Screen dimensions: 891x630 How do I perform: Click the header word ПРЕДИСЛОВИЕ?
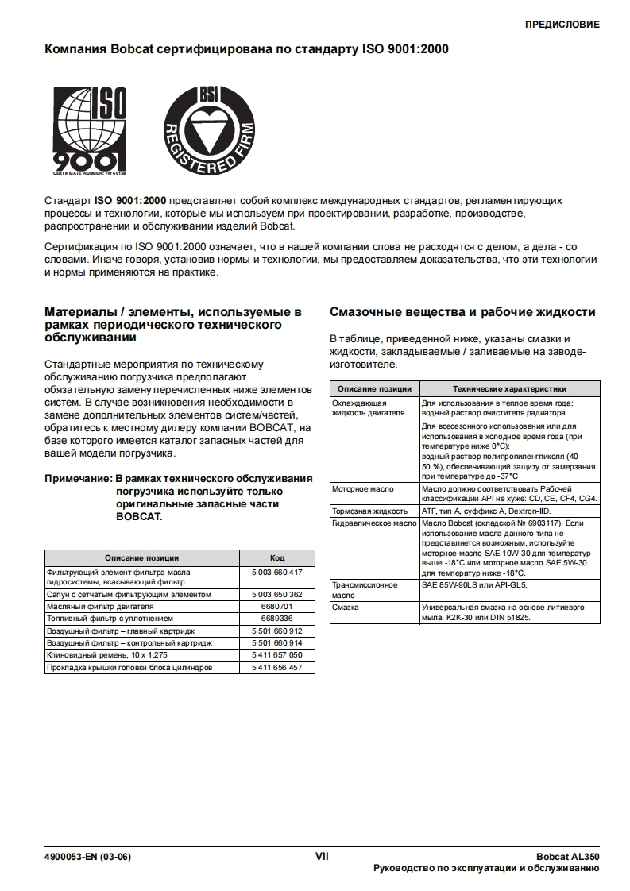pyautogui.click(x=562, y=25)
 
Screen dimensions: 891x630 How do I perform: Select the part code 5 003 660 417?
pyautogui.click(x=276, y=572)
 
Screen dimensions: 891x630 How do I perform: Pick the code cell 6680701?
pyautogui.click(x=276, y=606)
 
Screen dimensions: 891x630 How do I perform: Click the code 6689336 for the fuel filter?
pyautogui.click(x=276, y=618)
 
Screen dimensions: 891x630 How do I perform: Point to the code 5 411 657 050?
pyautogui.click(x=276, y=655)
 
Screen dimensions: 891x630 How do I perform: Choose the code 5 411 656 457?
pyautogui.click(x=276, y=668)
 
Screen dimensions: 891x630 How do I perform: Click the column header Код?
pyautogui.click(x=276, y=557)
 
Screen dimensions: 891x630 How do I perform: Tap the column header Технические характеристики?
pyautogui.click(x=509, y=389)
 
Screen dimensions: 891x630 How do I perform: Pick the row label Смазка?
pyautogui.click(x=345, y=607)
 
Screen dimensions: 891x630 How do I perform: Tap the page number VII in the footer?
pyautogui.click(x=322, y=856)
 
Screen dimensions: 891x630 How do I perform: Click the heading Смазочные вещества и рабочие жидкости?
pyautogui.click(x=462, y=312)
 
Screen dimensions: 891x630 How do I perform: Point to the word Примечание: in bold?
pyautogui.click(x=78, y=479)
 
